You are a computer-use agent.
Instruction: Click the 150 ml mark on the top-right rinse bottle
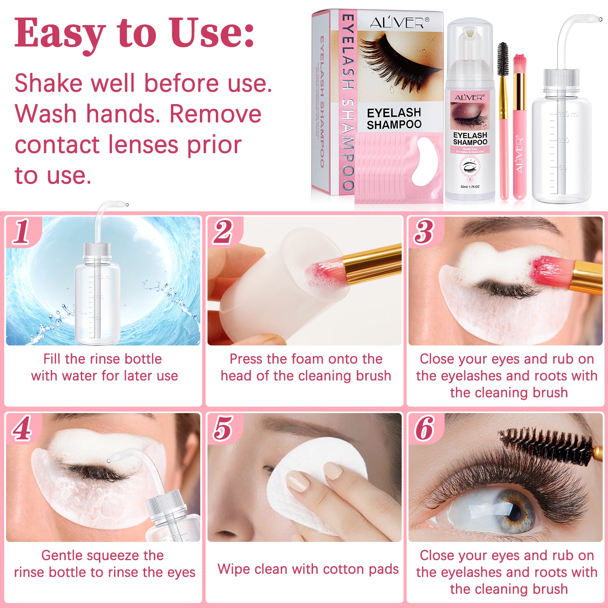pyautogui.click(x=568, y=114)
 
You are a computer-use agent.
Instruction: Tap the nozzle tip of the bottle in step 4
pyautogui.click(x=109, y=460)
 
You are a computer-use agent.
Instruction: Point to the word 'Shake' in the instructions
pyautogui.click(x=49, y=83)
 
